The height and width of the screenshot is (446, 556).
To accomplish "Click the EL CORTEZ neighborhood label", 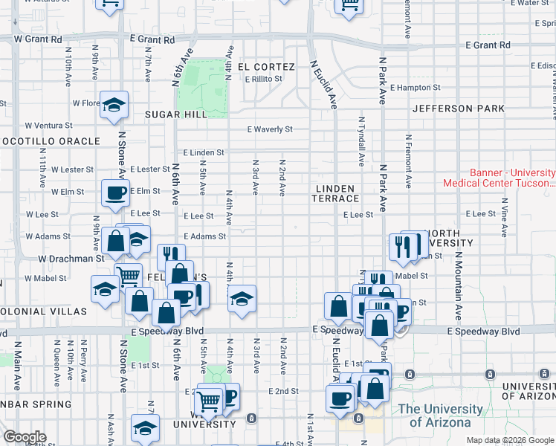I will coord(267,67).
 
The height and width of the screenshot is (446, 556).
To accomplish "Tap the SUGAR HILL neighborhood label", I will coord(176,114).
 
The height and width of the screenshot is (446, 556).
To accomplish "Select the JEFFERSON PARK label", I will coord(459,109).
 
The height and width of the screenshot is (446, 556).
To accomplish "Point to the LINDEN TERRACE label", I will coord(337,193).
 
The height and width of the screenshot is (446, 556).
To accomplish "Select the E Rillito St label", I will coord(263,79).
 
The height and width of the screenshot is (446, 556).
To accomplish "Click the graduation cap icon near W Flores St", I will coord(114,106).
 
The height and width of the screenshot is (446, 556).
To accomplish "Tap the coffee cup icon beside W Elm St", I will coord(115,194).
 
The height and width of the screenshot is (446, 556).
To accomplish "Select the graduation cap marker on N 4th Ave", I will coord(242,300).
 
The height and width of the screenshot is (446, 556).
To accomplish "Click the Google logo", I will coord(25,437).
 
